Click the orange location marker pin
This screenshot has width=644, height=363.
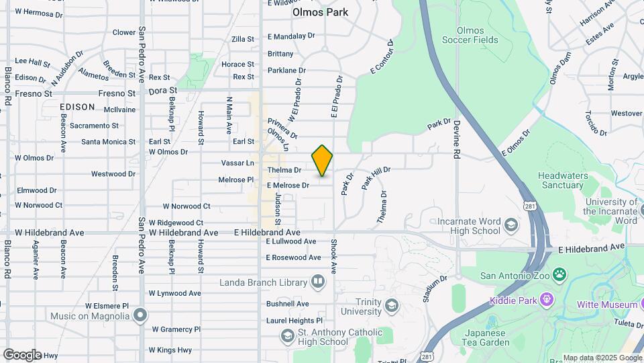coord(322,160)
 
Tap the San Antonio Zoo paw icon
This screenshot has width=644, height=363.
coord(559,275)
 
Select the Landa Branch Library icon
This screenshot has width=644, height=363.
coord(318,282)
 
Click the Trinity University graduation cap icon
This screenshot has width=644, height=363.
coord(390,306)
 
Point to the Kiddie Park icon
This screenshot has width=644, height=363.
coord(547,300)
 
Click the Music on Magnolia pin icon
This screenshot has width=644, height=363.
coord(140,315)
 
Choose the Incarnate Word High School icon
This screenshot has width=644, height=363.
coord(512,225)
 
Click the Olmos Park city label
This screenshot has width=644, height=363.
coord(320,12)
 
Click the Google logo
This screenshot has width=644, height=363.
coord(22,354)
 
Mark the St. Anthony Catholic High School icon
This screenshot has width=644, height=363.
coord(287,335)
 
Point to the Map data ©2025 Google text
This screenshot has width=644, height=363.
coord(601,358)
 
